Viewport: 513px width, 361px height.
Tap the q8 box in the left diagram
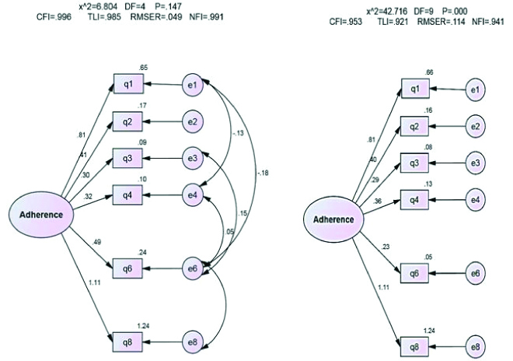(x=127, y=342)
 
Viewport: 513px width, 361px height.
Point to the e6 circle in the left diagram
(x=194, y=268)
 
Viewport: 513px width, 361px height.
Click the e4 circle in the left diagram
(x=194, y=194)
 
